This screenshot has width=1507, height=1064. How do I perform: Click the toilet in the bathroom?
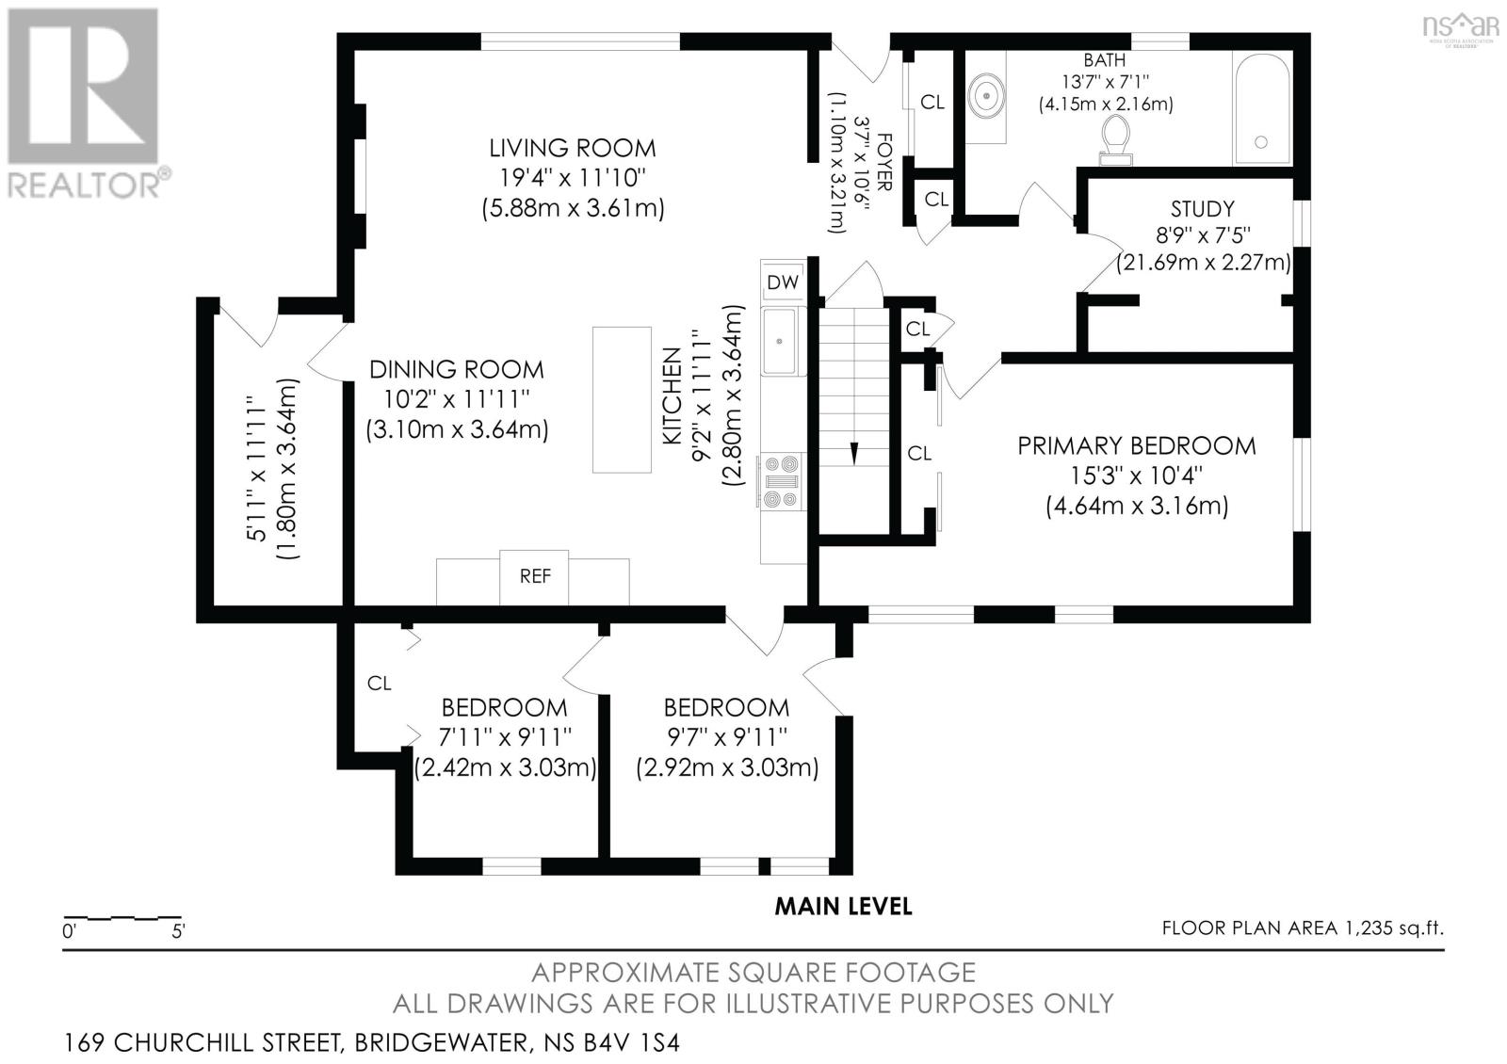pos(1116,140)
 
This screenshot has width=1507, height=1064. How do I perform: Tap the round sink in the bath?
pos(987,96)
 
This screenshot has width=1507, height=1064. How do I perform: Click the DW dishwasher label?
pos(783,282)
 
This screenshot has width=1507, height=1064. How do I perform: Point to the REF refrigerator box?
pos(534,577)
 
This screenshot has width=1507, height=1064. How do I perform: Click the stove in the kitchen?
pos(781,481)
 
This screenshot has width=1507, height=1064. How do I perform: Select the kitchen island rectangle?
pos(622,400)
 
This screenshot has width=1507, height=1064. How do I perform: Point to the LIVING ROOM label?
pos(573,148)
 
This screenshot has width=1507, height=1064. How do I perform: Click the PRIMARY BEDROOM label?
pos(1137,446)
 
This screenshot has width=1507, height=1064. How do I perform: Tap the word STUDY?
pos(1202,209)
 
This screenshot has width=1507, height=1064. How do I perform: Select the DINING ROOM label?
pos(457,369)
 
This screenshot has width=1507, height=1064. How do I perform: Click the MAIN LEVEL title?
pos(844,907)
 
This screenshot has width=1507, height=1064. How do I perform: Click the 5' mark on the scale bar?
pos(178,931)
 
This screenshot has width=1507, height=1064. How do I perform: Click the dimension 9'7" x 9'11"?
pos(727,738)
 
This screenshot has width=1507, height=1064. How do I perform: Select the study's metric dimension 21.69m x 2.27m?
pos(1204,262)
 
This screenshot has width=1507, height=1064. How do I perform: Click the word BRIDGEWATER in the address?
pos(442,1042)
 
